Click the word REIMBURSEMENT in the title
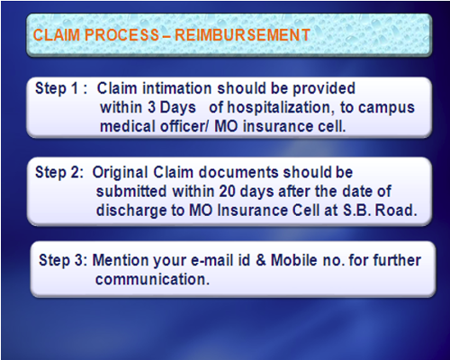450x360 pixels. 242,35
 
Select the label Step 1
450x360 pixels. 57,89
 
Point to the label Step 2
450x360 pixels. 58,173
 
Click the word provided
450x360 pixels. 324,89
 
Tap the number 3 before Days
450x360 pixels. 151,108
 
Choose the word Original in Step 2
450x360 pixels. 120,173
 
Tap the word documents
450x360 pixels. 238,173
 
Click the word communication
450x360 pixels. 152,279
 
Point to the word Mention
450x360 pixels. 120,260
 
